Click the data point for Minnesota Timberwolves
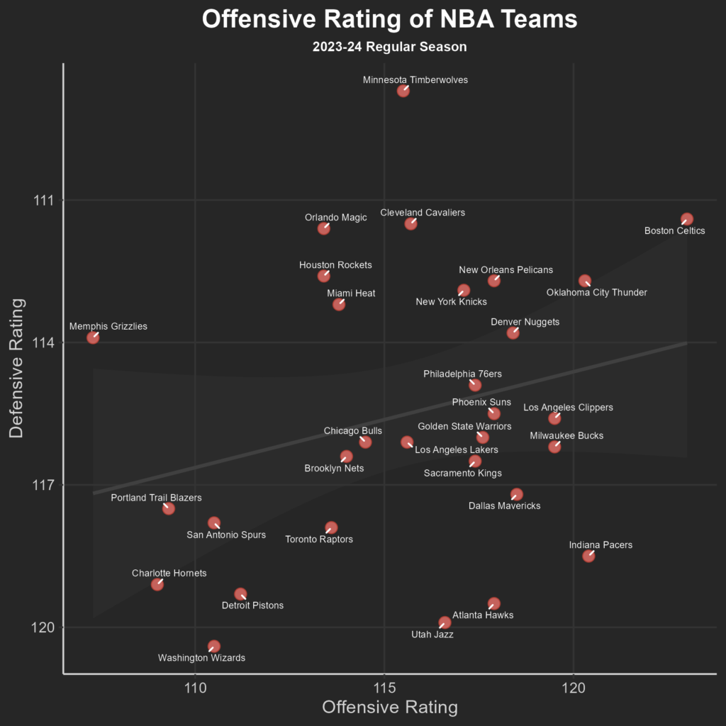tap(403, 90)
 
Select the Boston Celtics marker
tap(686, 219)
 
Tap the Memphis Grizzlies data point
tap(93, 337)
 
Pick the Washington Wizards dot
tap(214, 646)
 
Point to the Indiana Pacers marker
tap(588, 556)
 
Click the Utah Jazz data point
tap(445, 622)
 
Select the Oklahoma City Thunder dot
tap(585, 281)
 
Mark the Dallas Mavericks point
tap(517, 494)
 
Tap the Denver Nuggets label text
tap(525, 322)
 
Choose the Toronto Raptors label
tap(319, 540)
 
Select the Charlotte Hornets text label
tap(169, 573)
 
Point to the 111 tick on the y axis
tap(45, 201)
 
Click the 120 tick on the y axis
tap(45, 627)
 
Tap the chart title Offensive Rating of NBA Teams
tap(389, 19)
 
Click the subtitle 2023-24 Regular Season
tap(389, 48)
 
